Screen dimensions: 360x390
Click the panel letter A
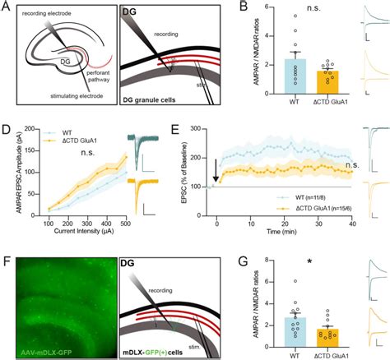pos(7,8)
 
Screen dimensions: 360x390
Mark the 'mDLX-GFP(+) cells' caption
pos(165,352)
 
